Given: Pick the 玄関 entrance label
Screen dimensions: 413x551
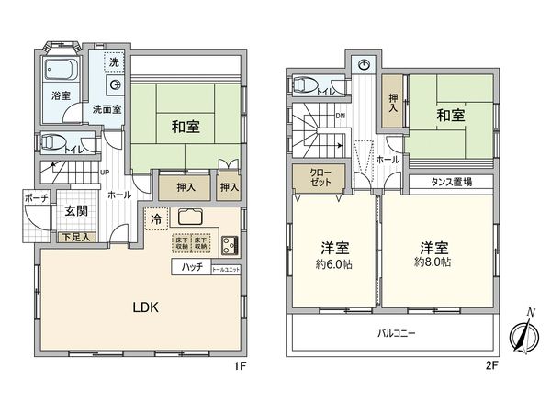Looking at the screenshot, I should (x=74, y=211).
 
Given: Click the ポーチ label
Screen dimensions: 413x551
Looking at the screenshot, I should (x=38, y=198).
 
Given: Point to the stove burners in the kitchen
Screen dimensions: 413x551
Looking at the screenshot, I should (x=229, y=245).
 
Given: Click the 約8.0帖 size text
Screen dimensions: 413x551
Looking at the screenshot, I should (x=433, y=262).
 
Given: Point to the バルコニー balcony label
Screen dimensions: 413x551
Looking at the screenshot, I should (x=396, y=334).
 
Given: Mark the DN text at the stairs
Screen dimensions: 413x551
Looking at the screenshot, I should (x=340, y=116).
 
